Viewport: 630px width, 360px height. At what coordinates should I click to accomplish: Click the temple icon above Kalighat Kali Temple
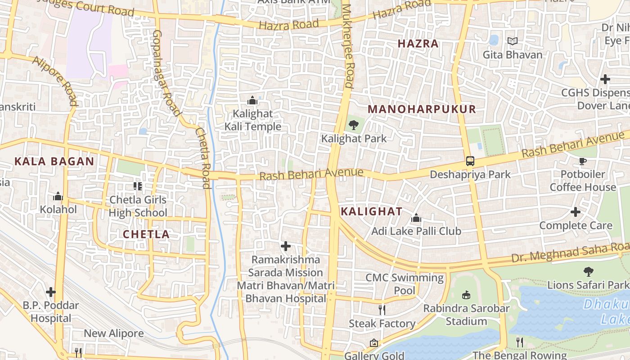coord(252,100)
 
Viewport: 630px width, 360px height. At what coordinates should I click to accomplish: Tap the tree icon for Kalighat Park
coord(354,125)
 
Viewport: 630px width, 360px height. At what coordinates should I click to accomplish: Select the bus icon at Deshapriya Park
coord(470,161)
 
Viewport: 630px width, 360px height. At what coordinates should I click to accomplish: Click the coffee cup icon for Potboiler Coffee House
coord(583,161)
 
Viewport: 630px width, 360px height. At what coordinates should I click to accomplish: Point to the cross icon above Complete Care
coord(576,212)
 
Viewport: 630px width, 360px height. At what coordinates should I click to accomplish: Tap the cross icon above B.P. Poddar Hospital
coord(51,292)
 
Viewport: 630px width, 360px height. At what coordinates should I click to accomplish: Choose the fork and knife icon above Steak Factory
coord(382,310)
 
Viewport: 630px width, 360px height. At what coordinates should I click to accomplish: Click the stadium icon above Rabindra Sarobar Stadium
coord(466,295)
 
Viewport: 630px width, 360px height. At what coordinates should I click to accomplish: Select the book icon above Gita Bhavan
coord(513,41)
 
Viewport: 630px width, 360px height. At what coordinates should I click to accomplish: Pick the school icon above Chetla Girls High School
coord(138,186)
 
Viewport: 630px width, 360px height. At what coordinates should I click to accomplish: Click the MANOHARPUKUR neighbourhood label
coord(422,109)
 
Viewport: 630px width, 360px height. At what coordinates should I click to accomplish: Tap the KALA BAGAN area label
coord(54,162)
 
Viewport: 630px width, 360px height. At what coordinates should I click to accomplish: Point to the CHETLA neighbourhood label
coord(146,234)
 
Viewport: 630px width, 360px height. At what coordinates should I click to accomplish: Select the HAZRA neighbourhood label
coord(418,44)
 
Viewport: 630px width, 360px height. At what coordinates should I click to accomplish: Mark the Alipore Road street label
coord(55,80)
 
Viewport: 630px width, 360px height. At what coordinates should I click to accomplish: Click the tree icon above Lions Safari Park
coord(588,271)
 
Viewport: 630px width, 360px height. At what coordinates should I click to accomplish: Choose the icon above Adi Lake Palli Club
coord(416,218)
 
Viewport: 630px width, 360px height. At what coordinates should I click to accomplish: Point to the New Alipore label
coord(114,333)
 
